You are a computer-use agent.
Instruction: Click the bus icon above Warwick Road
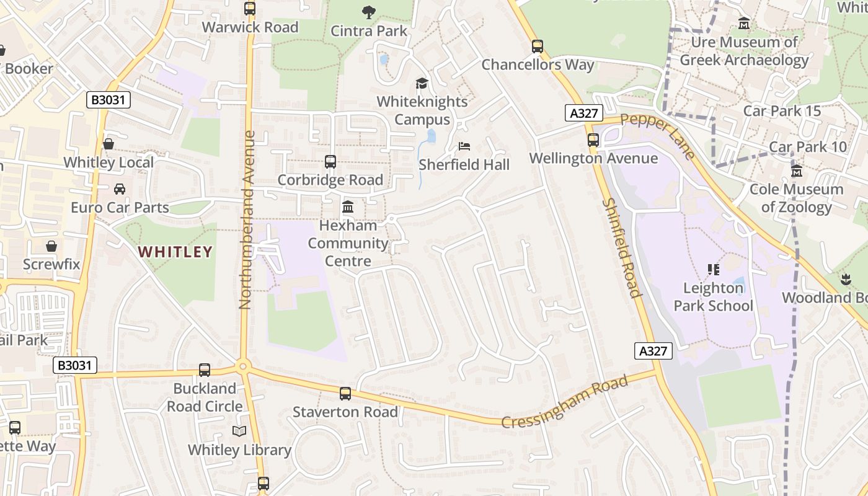(x=250, y=9)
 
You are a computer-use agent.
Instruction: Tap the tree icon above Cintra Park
(x=369, y=12)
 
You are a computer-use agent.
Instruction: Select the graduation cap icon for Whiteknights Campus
(x=422, y=83)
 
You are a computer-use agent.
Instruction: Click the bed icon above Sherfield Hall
(x=464, y=146)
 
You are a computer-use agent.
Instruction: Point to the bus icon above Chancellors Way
(x=538, y=46)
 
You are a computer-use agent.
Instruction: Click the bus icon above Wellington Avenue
(x=593, y=140)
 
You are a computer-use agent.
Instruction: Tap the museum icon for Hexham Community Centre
(x=348, y=206)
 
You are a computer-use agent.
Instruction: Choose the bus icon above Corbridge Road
(x=330, y=162)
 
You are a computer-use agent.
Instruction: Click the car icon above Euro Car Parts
(x=120, y=188)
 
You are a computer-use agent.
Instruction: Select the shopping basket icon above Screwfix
(x=51, y=246)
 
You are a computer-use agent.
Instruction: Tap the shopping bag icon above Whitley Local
(x=108, y=144)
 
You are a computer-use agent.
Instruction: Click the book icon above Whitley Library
(x=239, y=431)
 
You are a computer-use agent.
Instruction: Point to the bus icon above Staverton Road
(x=345, y=394)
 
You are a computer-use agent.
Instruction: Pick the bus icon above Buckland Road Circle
(x=205, y=370)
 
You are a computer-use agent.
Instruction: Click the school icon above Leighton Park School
(x=713, y=270)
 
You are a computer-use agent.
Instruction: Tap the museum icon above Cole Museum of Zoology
(x=797, y=170)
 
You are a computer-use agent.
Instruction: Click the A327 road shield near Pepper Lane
(x=584, y=113)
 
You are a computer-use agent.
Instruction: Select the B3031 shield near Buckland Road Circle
(x=75, y=366)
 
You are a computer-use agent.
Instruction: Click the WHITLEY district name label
(x=175, y=252)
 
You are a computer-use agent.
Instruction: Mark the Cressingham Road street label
(x=564, y=402)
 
